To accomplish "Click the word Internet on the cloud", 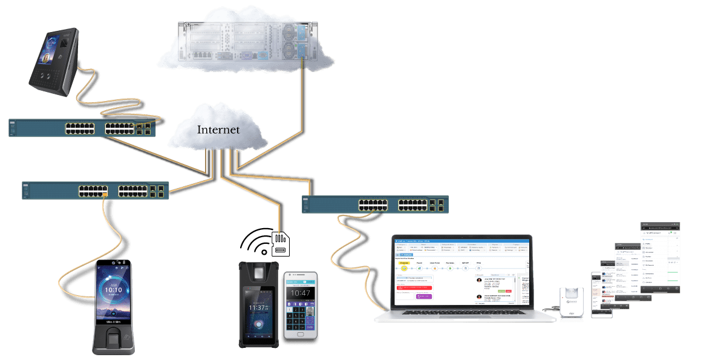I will (218, 130).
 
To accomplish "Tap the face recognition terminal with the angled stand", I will (54, 61).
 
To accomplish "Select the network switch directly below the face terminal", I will (82, 128).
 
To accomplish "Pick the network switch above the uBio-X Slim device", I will (95, 191).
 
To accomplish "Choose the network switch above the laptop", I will (375, 204).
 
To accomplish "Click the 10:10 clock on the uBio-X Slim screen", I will (113, 290).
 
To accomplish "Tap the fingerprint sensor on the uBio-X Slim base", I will (112, 342).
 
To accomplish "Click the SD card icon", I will (280, 243).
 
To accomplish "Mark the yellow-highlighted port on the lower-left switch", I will (105, 195).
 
